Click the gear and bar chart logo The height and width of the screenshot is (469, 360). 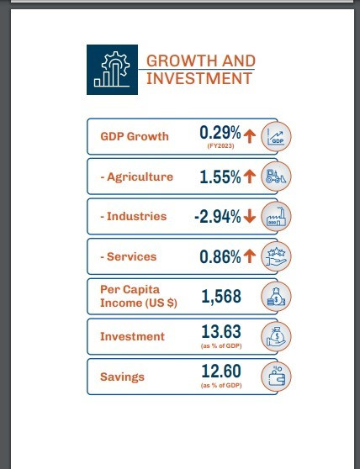pos(112,70)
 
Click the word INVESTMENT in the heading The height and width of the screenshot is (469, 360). pos(199,79)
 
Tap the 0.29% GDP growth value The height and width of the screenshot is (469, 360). pos(220,133)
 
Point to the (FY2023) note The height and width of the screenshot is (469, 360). pos(221,146)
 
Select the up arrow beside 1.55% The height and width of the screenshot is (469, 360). pos(250,177)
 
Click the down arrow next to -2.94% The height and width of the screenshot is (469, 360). pos(250,216)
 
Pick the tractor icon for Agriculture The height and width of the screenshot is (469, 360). pos(276,177)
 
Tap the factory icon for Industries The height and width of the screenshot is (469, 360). pos(276,216)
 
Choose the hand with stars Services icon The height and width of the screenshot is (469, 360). pos(276,256)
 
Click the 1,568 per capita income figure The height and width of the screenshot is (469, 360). pos(221,297)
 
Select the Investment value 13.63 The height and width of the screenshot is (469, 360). pos(221,332)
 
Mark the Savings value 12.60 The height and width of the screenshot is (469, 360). pos(221,372)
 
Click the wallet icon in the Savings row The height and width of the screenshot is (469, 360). pos(276,377)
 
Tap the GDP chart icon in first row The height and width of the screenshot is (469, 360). pos(276,136)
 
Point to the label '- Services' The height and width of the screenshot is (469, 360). pos(129,256)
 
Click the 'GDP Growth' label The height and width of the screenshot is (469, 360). pos(135,136)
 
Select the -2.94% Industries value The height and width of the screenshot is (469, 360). pos(218,217)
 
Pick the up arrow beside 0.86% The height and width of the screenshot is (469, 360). pos(250,256)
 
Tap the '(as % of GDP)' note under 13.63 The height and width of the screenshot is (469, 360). pos(221,345)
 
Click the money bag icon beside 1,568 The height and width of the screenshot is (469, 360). pos(276,297)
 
